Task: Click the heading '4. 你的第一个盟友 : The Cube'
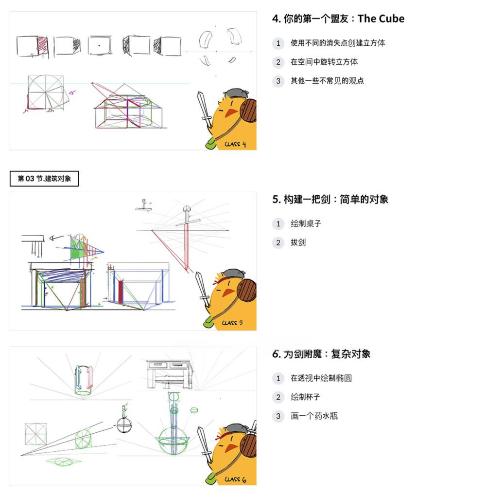338,19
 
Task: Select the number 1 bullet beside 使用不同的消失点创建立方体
278,43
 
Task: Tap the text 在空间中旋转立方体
324,62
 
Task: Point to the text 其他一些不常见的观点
327,81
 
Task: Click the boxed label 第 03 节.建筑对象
44,179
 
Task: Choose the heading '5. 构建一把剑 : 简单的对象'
330,199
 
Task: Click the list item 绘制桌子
306,223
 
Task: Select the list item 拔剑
298,242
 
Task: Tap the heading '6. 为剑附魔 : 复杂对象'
321,354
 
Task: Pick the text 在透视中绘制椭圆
321,378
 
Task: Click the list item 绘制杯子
306,397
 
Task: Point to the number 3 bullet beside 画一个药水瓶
278,416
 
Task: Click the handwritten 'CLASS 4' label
235,144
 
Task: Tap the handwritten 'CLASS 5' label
232,322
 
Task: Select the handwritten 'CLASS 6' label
235,480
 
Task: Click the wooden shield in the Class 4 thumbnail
247,111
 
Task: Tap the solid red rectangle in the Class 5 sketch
121,292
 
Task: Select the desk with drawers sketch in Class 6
170,372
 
